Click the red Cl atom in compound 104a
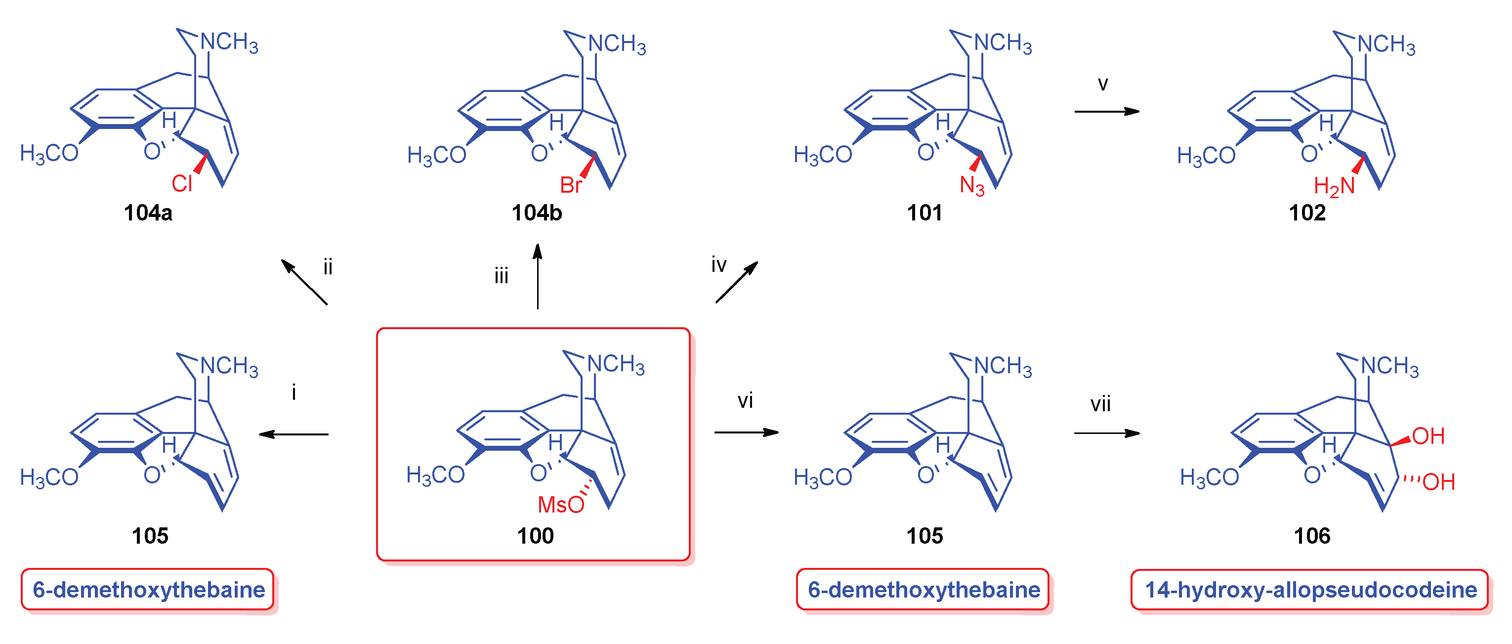[181, 184]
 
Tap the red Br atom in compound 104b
[571, 185]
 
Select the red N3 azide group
[971, 185]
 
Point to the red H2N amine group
[1334, 187]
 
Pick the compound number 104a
[148, 213]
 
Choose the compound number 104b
[537, 213]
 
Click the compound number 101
[924, 213]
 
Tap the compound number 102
[1307, 213]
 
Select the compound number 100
[535, 536]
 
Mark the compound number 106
[1312, 536]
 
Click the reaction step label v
[1103, 85]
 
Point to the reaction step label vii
[1100, 404]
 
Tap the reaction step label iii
[501, 276]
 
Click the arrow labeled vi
[746, 432]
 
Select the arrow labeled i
[294, 434]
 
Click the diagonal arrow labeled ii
[304, 282]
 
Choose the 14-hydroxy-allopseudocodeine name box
[1309, 590]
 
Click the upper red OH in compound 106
[1428, 436]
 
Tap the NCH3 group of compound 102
[1386, 44]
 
